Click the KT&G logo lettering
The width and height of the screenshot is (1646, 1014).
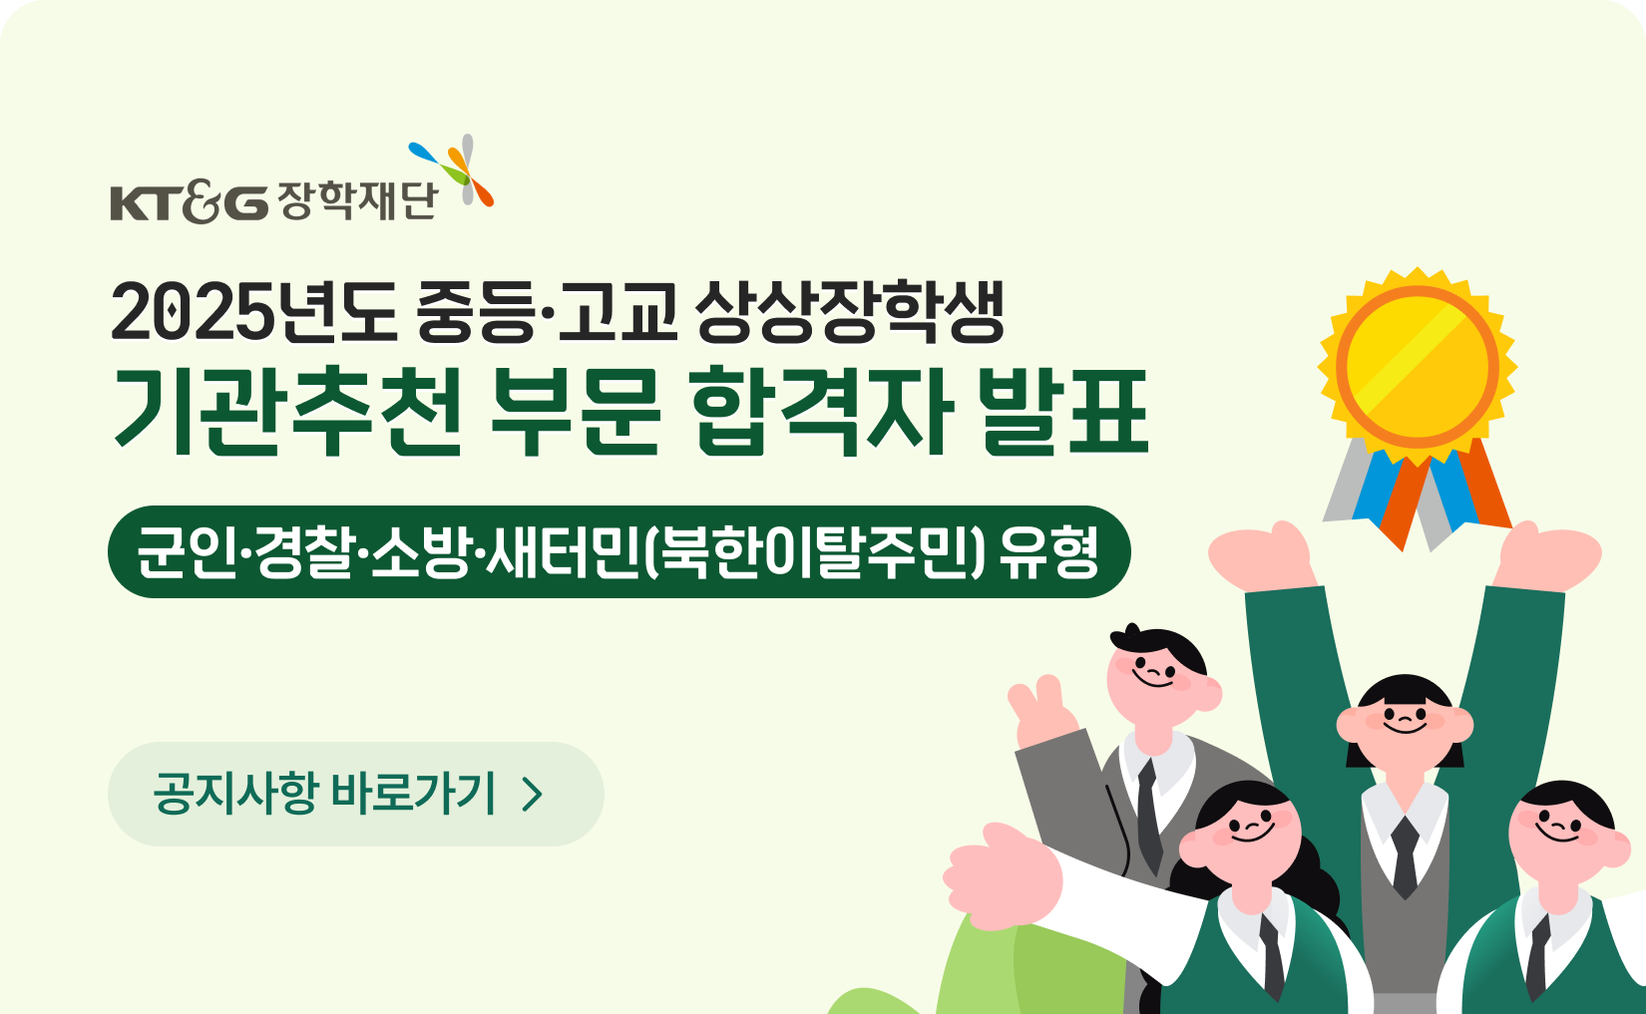click(190, 202)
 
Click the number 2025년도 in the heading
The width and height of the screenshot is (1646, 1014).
click(253, 313)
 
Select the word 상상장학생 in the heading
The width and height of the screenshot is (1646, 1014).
click(849, 313)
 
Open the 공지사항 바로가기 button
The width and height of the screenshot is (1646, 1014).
click(356, 794)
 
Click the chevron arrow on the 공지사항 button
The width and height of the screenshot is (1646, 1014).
click(532, 796)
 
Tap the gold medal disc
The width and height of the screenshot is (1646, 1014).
click(1418, 366)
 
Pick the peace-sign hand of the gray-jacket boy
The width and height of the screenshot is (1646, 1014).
click(1042, 712)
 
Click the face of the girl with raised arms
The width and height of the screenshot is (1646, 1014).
click(1405, 727)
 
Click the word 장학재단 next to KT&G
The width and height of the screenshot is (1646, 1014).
click(358, 200)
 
